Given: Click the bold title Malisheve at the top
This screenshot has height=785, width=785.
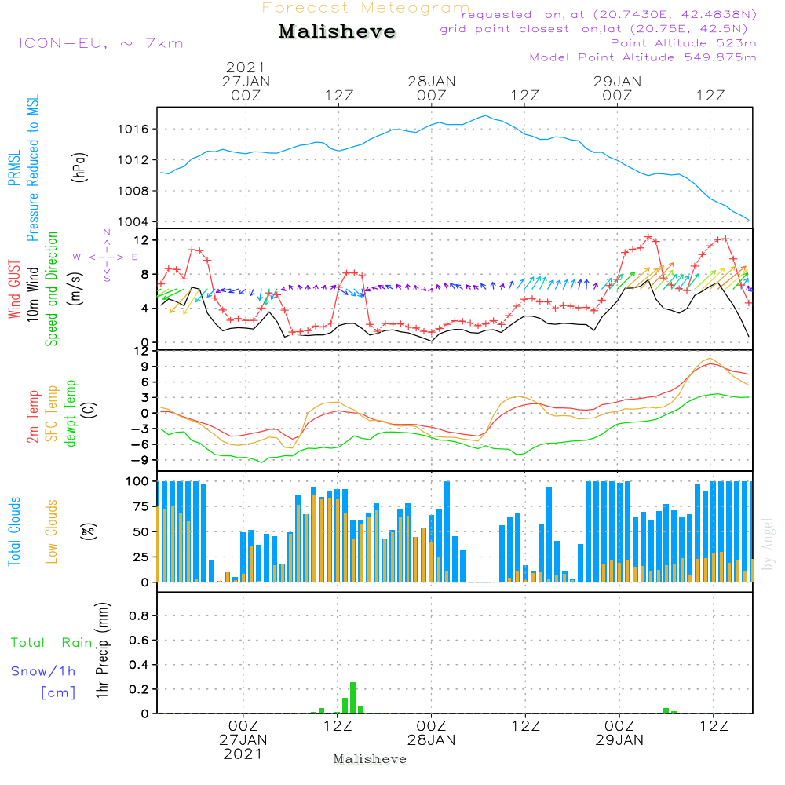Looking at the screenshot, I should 337,32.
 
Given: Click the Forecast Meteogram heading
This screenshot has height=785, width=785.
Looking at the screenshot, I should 366,8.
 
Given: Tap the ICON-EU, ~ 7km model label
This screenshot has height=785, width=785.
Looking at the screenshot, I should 100,43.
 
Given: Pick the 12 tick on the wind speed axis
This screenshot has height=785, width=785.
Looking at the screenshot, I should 144,239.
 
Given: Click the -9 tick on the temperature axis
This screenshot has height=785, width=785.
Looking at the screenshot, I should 142,460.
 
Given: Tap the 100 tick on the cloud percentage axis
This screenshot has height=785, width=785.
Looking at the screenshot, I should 138,480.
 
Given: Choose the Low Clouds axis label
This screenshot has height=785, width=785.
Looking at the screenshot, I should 52,531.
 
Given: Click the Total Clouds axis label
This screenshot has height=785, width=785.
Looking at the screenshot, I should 14,531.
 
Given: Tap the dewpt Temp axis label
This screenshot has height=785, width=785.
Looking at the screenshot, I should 71,414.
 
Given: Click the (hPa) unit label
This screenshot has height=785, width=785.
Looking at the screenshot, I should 78,166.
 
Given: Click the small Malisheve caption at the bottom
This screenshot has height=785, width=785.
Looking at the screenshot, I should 371,759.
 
